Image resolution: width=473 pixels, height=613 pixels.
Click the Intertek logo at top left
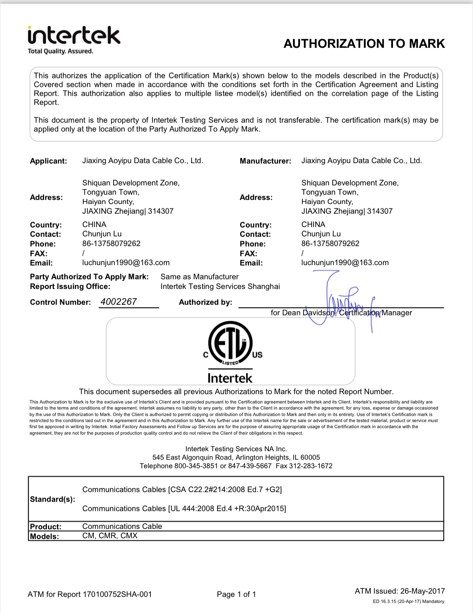point(74,36)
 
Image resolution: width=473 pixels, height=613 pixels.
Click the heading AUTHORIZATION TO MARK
point(364,44)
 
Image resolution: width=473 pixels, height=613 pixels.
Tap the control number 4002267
point(118,302)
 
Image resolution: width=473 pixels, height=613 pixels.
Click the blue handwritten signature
point(340,301)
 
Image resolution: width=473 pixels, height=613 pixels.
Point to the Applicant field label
point(49,161)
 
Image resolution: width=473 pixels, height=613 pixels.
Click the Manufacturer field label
point(265,161)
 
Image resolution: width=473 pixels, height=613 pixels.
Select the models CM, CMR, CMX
point(110,536)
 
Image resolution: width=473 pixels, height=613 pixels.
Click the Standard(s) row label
point(53,499)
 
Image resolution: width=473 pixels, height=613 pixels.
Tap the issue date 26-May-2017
point(422,591)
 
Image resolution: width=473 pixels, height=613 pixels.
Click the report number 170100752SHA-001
point(117,594)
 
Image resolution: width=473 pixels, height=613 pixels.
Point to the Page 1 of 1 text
point(236,594)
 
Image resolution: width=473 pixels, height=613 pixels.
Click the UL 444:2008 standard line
point(184,509)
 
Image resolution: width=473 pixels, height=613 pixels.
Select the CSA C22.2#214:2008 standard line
point(182,490)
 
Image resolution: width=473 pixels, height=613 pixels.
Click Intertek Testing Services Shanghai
point(220,286)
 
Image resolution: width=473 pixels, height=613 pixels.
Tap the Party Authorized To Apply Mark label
point(89,277)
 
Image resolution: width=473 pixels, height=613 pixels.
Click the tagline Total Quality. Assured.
point(60,51)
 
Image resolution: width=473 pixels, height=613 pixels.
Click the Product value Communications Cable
point(122,526)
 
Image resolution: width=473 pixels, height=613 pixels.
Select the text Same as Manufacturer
point(199,277)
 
